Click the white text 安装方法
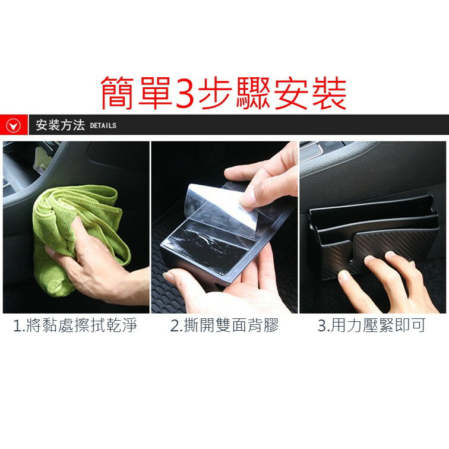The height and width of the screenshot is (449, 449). click(60, 125)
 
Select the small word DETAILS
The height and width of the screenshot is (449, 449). click(103, 126)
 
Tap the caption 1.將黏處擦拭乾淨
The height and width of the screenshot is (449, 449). click(75, 326)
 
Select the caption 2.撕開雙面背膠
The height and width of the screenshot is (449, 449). click(224, 326)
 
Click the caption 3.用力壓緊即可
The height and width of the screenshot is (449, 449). click(371, 326)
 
